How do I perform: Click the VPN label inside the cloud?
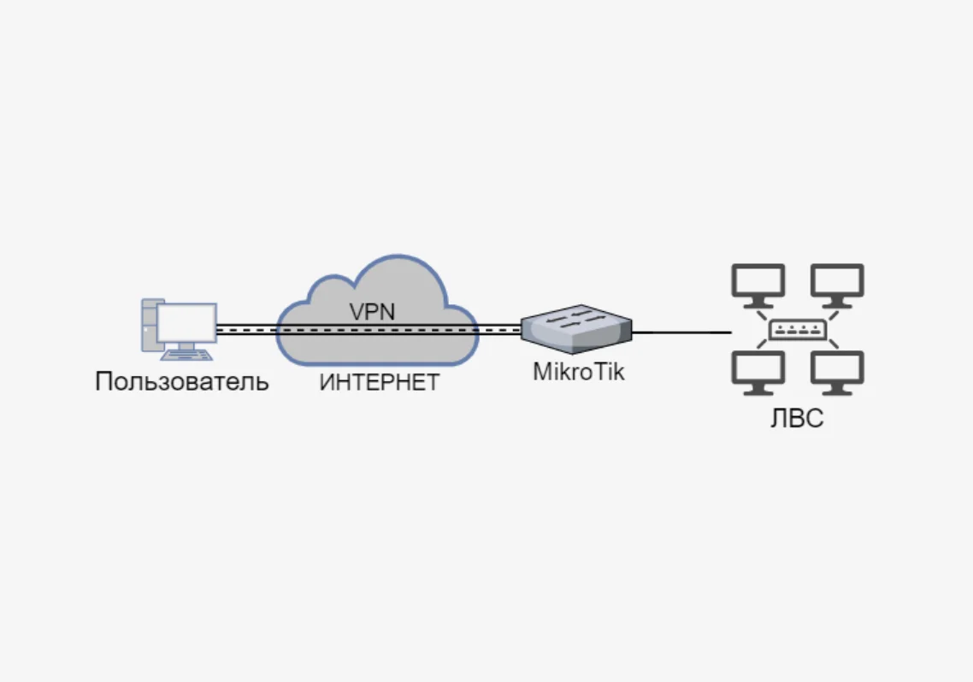(372, 311)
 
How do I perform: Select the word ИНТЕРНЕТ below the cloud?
(379, 382)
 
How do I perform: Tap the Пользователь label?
(182, 381)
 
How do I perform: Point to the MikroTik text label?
(579, 373)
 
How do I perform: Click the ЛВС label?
(797, 420)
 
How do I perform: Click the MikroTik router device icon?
(577, 331)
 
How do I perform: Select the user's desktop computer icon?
(179, 329)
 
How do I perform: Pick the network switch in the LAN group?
(797, 330)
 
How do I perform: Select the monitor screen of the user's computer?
(186, 321)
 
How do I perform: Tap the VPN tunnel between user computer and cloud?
(246, 329)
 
